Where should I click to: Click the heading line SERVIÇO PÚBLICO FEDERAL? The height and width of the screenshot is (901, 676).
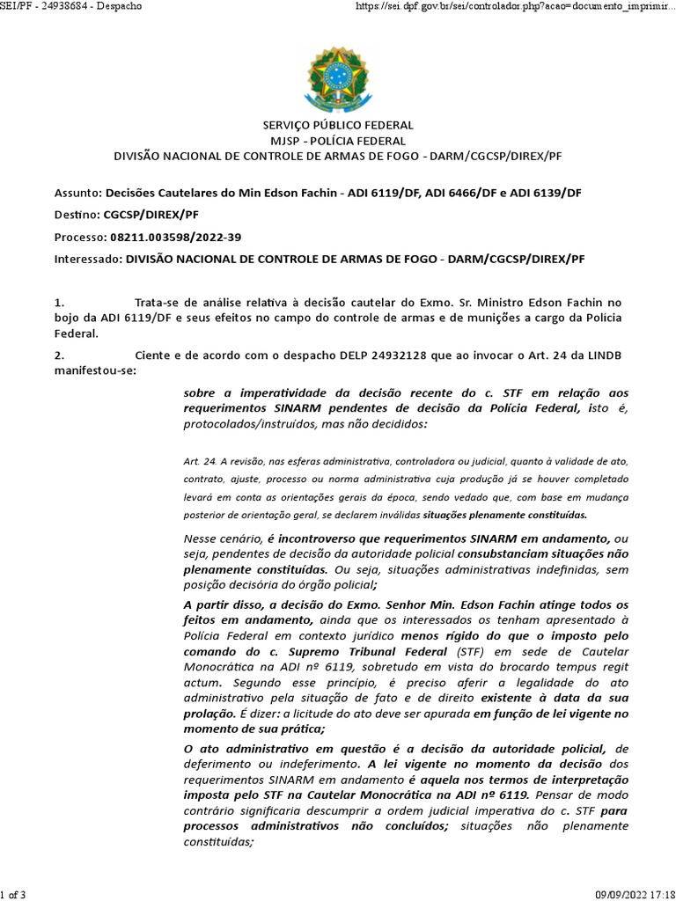[x=338, y=126]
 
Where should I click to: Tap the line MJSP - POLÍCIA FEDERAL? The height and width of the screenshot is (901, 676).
[x=338, y=141]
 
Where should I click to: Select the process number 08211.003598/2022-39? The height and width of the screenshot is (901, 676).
[x=176, y=238]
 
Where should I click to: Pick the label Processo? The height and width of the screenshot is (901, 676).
[x=80, y=238]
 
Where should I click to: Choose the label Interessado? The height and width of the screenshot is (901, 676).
[x=88, y=260]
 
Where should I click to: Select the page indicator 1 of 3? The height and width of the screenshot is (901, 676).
[x=14, y=895]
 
